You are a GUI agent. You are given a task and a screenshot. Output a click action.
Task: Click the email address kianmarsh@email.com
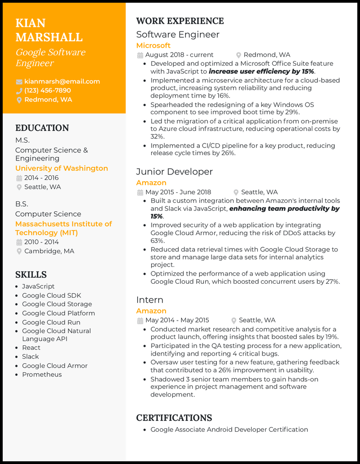click(x=62, y=81)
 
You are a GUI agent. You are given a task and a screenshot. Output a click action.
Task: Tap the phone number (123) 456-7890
click(x=47, y=90)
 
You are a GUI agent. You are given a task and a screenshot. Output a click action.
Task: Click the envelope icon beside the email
click(x=19, y=82)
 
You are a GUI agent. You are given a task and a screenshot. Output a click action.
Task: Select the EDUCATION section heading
click(x=42, y=128)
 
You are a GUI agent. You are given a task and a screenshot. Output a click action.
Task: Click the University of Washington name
click(x=62, y=168)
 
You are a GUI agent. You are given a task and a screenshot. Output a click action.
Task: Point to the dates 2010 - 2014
click(x=41, y=242)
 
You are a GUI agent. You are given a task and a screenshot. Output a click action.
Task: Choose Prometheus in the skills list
click(x=42, y=375)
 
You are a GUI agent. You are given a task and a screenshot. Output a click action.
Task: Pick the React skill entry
click(x=31, y=348)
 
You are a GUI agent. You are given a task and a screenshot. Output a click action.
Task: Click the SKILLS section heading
click(x=31, y=275)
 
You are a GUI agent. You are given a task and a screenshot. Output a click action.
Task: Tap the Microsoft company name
click(x=153, y=45)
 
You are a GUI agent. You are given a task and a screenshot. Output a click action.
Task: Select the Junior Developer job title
click(x=175, y=172)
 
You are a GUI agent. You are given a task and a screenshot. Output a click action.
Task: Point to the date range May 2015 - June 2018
click(x=178, y=192)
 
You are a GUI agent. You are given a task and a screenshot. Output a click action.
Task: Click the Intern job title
click(x=149, y=300)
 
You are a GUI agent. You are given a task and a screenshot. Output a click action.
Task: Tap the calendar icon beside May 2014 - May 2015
click(x=140, y=321)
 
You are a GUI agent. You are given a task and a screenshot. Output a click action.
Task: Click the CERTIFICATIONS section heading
click(x=174, y=418)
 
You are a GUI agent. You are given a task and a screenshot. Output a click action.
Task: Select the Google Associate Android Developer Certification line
click(x=229, y=429)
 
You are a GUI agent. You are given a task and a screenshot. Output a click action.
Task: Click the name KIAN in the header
click(x=31, y=23)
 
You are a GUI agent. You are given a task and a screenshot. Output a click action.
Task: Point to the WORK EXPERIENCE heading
click(x=180, y=21)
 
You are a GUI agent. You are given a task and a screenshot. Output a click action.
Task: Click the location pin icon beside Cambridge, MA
click(x=19, y=251)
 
